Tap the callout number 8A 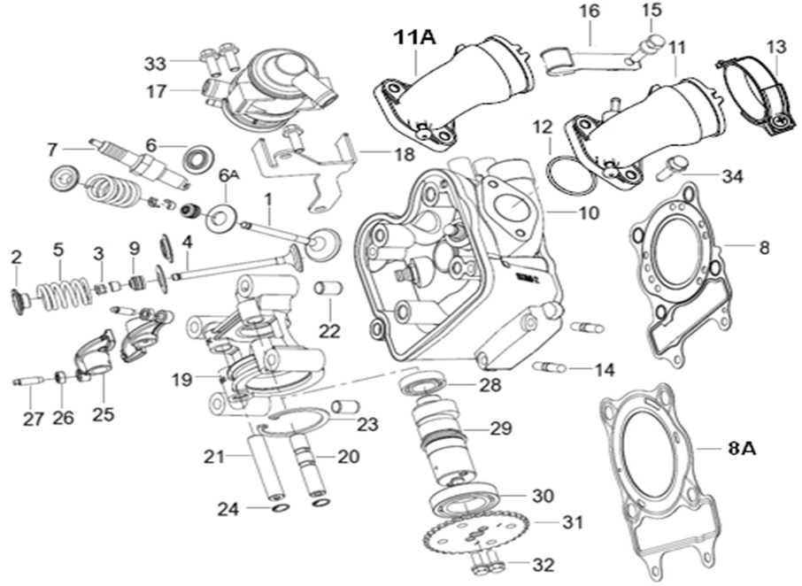pyautogui.click(x=741, y=450)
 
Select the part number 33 pyautogui.click(x=155, y=63)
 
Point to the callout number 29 pyautogui.click(x=500, y=428)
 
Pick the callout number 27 pyautogui.click(x=33, y=419)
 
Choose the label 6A pyautogui.click(x=228, y=176)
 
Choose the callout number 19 pyautogui.click(x=181, y=381)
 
